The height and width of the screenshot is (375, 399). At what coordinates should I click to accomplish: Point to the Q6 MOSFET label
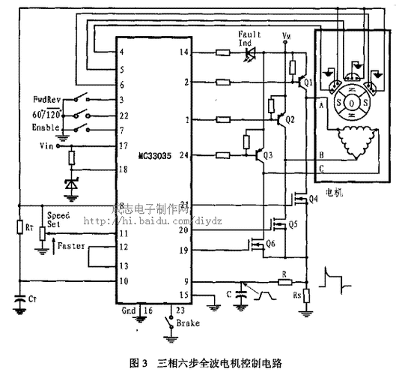[x=270, y=244]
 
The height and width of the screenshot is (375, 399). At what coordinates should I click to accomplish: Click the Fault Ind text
[x=249, y=39]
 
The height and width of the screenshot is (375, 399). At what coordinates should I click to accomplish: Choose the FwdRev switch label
[x=47, y=99]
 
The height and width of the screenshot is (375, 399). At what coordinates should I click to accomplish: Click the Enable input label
[x=46, y=129]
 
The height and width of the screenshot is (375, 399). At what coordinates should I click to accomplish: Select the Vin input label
[x=49, y=145]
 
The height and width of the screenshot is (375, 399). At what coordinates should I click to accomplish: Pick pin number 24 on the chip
[x=185, y=155]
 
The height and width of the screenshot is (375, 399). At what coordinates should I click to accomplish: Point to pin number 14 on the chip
[x=185, y=52]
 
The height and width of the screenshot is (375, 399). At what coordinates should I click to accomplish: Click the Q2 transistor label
[x=290, y=120]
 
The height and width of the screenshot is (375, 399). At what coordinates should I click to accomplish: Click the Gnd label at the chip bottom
[x=129, y=310]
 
